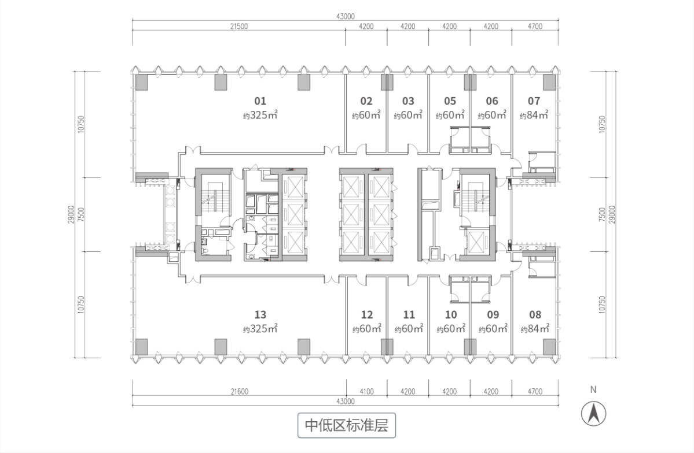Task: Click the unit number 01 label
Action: (260, 101)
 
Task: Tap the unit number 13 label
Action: (260, 315)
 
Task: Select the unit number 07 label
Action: (534, 101)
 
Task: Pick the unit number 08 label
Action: (535, 315)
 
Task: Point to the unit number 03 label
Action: (408, 101)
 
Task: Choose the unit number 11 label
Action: (409, 315)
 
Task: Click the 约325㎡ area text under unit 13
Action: (260, 329)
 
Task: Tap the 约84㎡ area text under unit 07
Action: (534, 115)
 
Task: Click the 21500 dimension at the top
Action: (238, 27)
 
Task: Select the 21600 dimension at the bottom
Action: (238, 392)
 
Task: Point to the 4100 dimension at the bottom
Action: (366, 392)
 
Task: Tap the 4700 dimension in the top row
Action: (535, 27)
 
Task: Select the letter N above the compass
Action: (593, 390)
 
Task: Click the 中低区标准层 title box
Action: (346, 426)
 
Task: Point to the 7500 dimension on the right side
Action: (603, 214)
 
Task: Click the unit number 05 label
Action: (450, 101)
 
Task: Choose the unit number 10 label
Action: (451, 315)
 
